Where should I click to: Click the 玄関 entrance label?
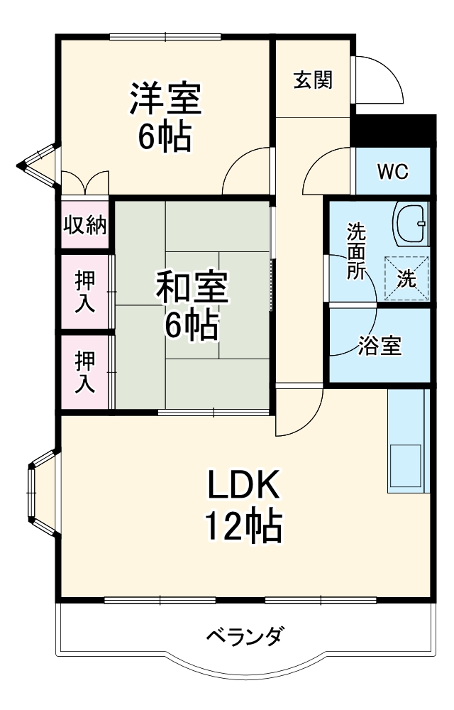tap(313, 80)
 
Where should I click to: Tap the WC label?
tap(392, 173)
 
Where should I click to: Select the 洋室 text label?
tap(165, 99)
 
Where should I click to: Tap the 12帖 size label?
tap(244, 526)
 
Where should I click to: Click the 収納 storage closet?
tap(85, 225)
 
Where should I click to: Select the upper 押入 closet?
tap(85, 292)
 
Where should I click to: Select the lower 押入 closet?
tap(85, 372)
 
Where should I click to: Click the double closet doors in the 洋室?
tap(85, 182)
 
